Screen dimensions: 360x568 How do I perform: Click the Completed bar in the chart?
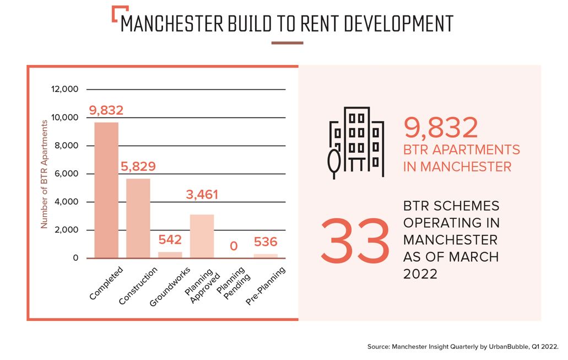106,190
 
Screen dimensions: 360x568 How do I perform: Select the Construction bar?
138,218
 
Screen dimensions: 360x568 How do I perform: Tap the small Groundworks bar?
170,255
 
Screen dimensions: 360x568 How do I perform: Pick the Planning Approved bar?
202,236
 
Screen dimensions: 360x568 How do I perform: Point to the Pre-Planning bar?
266,256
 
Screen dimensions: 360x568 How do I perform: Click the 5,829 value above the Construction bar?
138,166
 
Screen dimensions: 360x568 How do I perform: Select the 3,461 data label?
202,195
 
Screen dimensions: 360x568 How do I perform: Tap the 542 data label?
170,240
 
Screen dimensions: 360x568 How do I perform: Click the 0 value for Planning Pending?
234,245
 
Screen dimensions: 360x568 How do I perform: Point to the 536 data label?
266,242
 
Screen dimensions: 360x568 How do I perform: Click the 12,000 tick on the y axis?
66,89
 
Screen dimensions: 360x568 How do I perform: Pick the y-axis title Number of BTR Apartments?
45,174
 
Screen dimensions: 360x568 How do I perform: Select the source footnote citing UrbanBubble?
463,347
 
